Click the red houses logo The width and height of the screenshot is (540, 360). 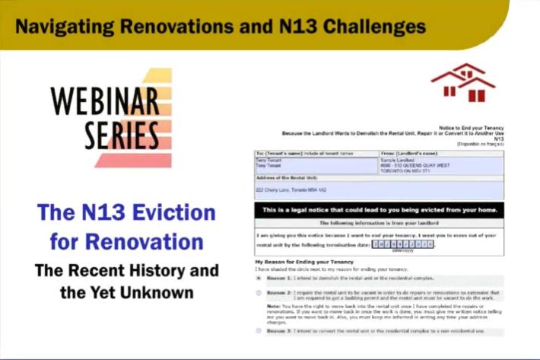click(462, 83)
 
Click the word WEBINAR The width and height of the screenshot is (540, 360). click(105, 100)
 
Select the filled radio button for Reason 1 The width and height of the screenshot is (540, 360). click(259, 279)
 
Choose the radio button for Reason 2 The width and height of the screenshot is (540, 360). click(259, 293)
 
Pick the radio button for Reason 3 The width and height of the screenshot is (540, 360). click(259, 330)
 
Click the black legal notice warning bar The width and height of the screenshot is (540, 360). click(378, 209)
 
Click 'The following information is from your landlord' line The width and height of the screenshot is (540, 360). click(378, 223)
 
